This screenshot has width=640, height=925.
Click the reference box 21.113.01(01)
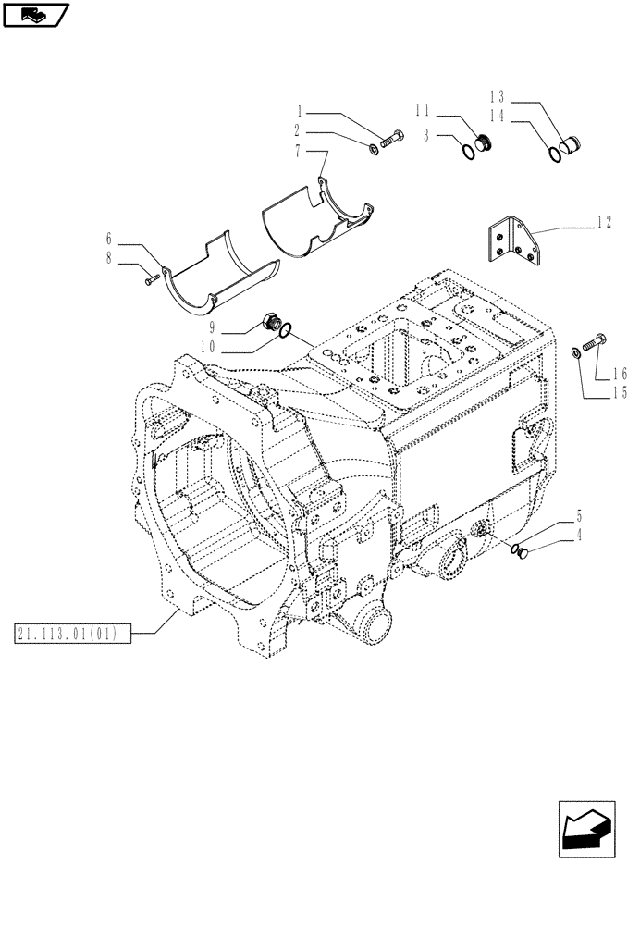pos(73,634)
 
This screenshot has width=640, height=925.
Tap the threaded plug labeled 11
pos(483,143)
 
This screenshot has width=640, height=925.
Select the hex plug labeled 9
pos(274,322)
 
